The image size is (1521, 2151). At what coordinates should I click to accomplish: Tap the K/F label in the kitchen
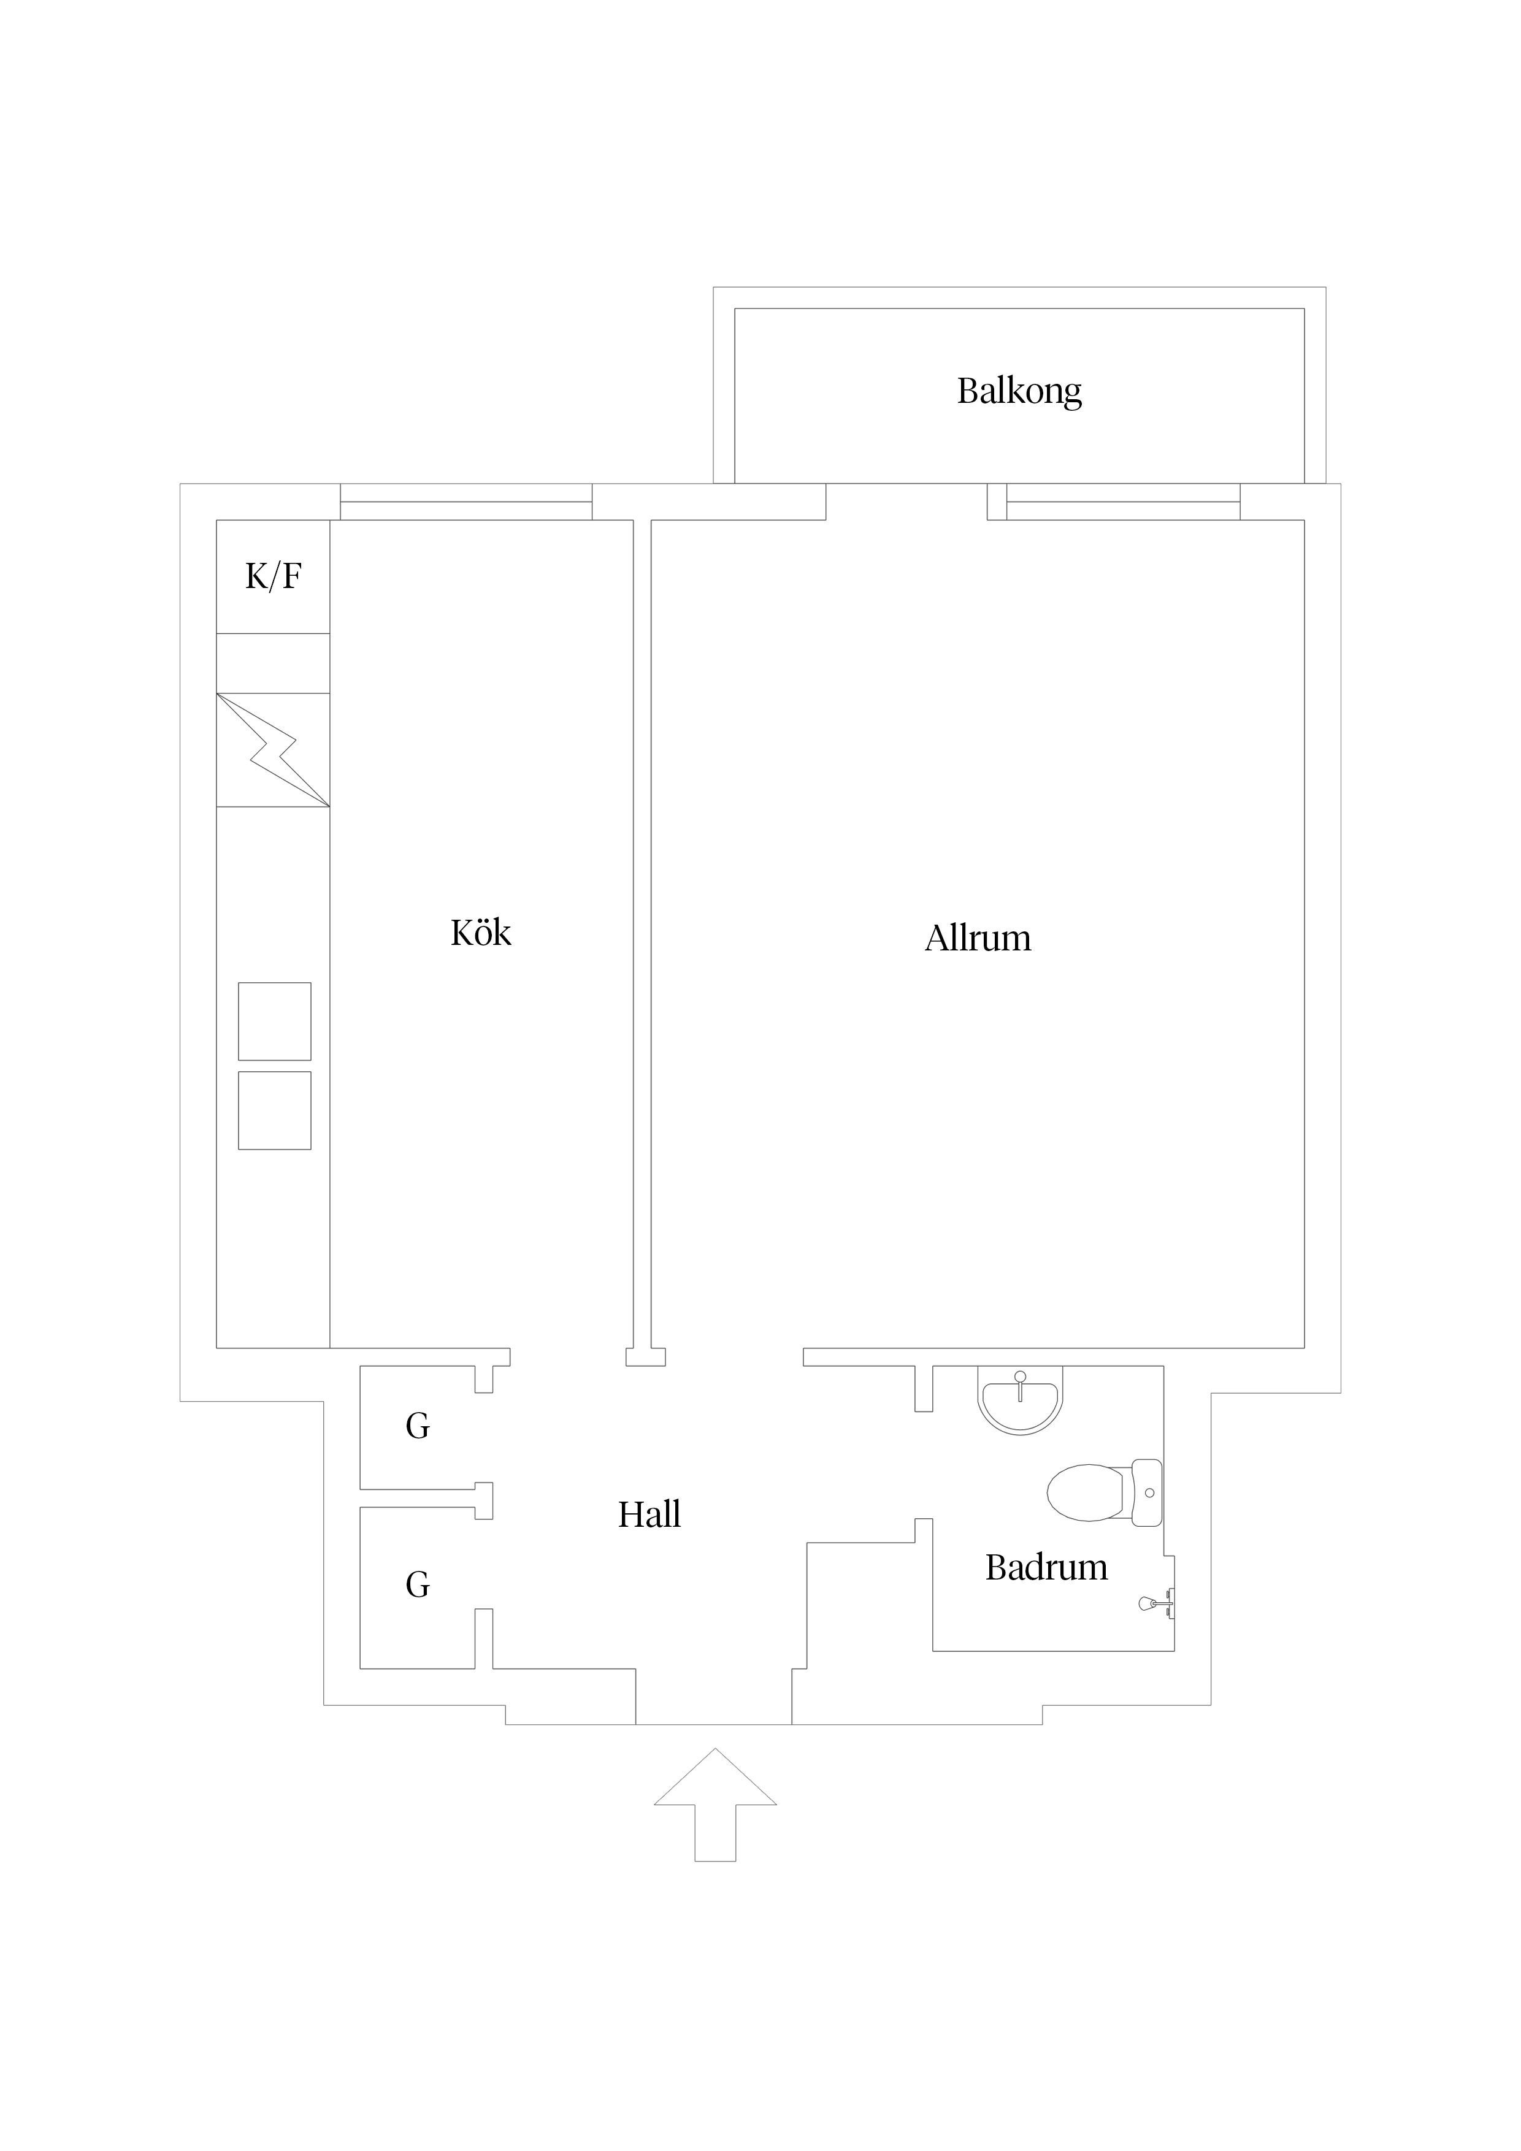pos(273,576)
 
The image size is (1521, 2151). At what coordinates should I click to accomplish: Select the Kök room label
pos(481,933)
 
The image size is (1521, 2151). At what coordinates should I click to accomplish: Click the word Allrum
pos(978,939)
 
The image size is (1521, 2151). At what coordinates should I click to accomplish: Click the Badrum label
pos(1046,1568)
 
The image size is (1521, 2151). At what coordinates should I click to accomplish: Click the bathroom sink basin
pos(1020,1399)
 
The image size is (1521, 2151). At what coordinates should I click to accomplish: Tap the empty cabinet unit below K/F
pos(273,663)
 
